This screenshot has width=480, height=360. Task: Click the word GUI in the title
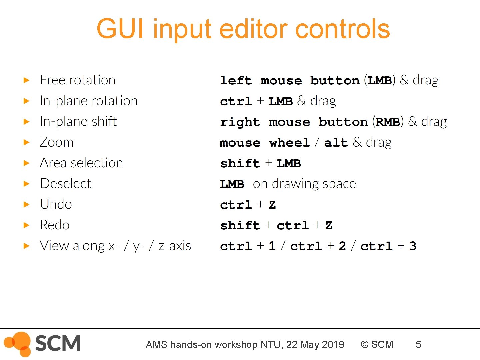[x=120, y=29]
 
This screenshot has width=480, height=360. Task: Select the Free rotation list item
[x=77, y=80]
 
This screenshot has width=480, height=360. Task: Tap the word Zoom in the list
[x=56, y=142]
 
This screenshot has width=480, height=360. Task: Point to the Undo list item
[x=56, y=204]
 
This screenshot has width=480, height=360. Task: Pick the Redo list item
[x=54, y=225]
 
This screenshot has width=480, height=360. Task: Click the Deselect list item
[x=65, y=184]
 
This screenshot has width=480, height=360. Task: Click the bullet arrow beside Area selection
[x=27, y=163]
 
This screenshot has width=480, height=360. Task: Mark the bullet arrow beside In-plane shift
[x=27, y=122]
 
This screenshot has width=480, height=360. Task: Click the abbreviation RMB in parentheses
[x=388, y=122]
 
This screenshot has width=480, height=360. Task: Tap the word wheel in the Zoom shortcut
[x=289, y=143]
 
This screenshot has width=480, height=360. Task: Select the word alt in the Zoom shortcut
[x=336, y=143]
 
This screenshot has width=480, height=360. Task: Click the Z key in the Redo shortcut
[x=329, y=226]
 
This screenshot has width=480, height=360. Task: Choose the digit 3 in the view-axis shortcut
[x=413, y=246]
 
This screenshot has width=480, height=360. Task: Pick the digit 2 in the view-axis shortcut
[x=342, y=246]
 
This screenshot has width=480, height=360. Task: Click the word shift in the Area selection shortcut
[x=240, y=163]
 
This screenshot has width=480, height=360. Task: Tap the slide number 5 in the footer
[x=418, y=344]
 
